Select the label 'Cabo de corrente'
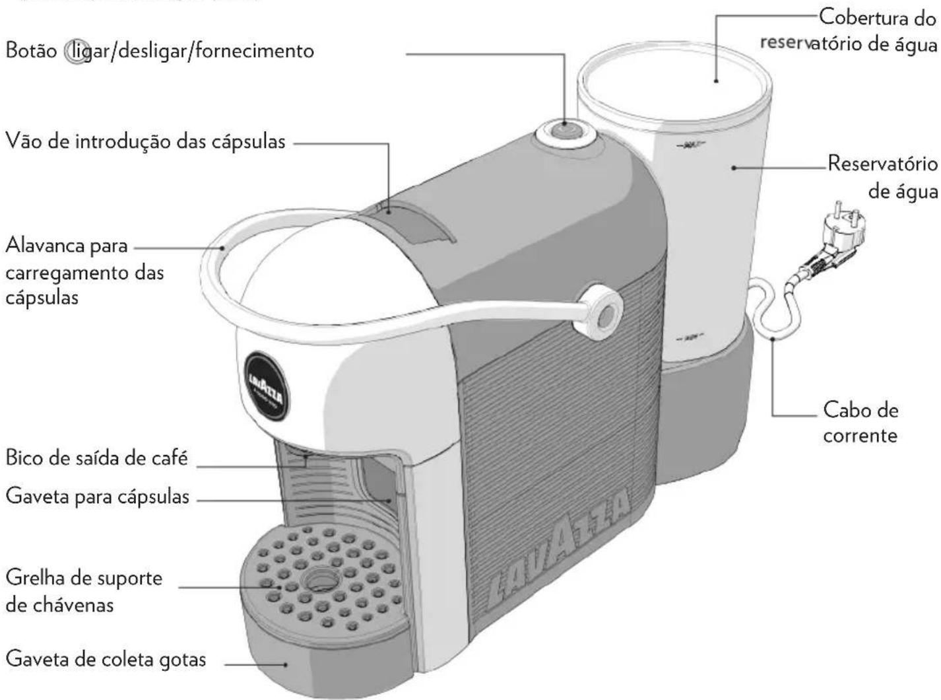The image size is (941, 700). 860,423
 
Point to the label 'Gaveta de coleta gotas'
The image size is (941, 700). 106,658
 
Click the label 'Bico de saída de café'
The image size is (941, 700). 97,458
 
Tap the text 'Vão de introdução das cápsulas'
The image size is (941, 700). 146,141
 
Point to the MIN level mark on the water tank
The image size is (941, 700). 690,337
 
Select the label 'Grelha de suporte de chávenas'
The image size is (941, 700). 84,591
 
